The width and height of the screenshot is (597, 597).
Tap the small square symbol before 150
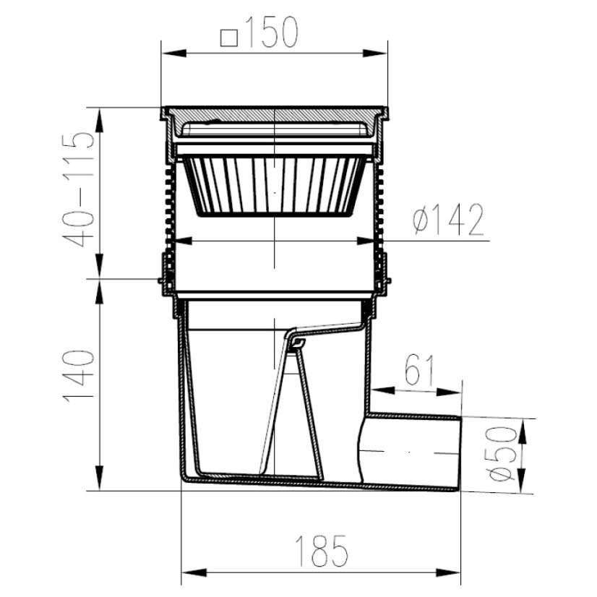[x=229, y=38]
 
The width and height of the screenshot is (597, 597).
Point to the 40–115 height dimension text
[x=79, y=189]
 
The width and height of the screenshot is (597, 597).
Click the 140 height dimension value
[x=79, y=376]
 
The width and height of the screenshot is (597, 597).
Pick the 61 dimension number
[x=418, y=370]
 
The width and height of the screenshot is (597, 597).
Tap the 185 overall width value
[x=322, y=551]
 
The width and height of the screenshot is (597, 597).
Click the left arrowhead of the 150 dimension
[x=173, y=53]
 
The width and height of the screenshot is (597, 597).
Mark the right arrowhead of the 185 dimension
[x=448, y=572]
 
